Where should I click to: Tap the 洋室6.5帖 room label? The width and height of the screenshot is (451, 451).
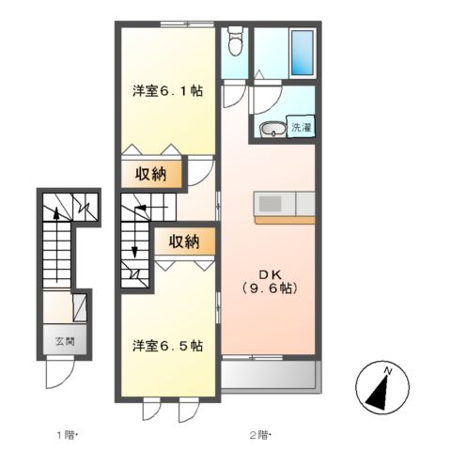pyautogui.click(x=167, y=345)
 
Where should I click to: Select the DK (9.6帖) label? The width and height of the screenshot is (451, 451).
pyautogui.click(x=269, y=281)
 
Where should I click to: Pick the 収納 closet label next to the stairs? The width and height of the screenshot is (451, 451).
pyautogui.click(x=184, y=241)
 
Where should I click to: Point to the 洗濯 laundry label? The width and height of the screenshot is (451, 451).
pyautogui.click(x=300, y=127)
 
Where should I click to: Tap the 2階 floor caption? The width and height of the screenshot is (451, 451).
pyautogui.click(x=259, y=434)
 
